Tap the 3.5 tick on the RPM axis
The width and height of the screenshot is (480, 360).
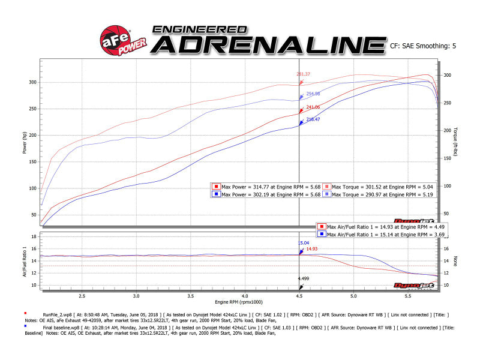[191, 296]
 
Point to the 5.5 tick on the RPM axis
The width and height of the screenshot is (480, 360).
[408, 296]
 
